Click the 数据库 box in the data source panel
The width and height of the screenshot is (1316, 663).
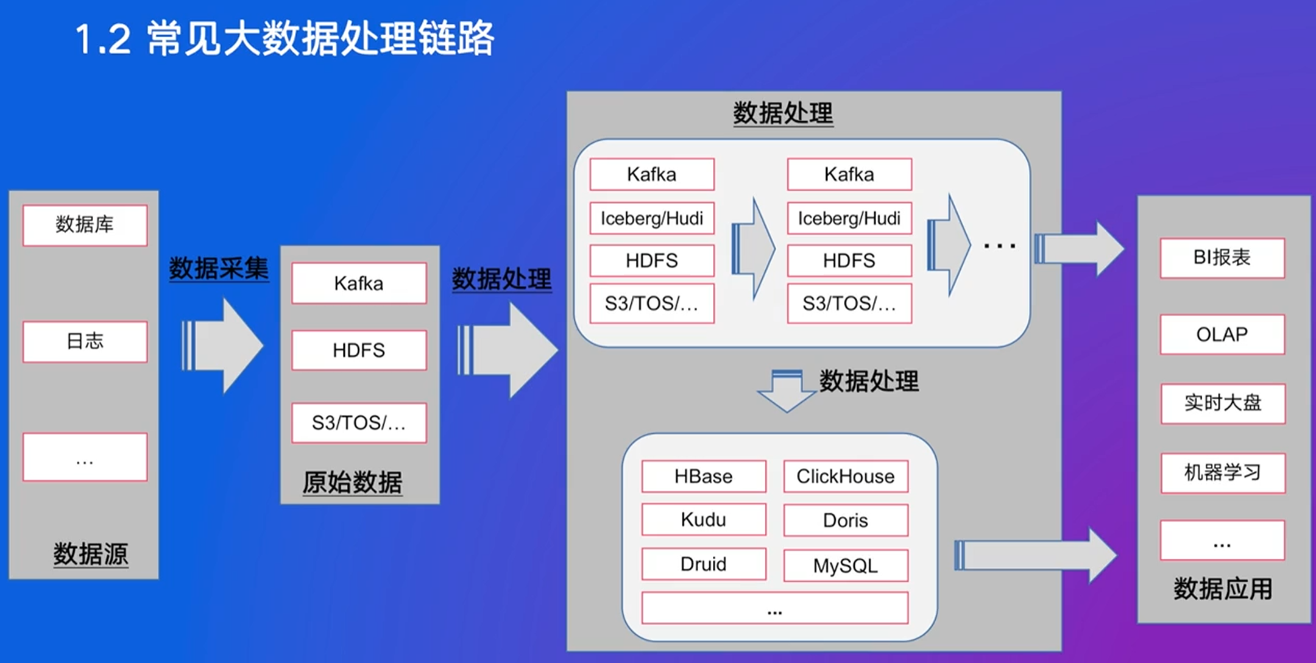85,225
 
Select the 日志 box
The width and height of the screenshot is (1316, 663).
85,341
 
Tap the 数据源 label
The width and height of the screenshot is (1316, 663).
90,554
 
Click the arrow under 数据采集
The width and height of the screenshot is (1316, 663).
222,346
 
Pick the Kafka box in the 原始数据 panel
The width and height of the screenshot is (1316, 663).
359,283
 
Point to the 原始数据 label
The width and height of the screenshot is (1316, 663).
352,482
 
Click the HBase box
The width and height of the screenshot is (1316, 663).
704,476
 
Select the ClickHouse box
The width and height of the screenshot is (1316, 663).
846,476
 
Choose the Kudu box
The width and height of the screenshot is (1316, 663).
704,520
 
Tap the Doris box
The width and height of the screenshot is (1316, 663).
846,520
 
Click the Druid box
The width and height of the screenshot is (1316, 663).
704,564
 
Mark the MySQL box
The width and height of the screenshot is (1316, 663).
846,565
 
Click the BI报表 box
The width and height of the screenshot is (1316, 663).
1222,258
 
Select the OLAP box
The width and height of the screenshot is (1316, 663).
1222,335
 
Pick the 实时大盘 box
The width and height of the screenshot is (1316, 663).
1223,403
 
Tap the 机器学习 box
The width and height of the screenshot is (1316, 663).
1223,472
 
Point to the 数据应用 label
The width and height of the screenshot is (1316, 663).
1223,589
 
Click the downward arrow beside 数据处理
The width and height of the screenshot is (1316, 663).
787,391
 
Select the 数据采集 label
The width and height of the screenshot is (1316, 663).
219,268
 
